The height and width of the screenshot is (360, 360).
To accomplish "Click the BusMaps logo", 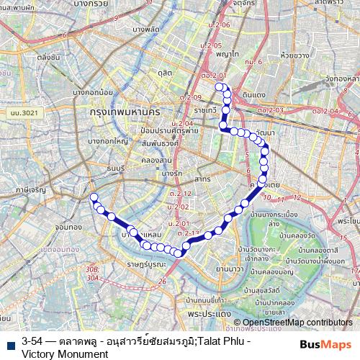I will tap(326, 345).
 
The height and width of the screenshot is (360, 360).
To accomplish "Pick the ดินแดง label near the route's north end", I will tap(255, 94).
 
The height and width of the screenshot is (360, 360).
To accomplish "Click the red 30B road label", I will tap(91, 269).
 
